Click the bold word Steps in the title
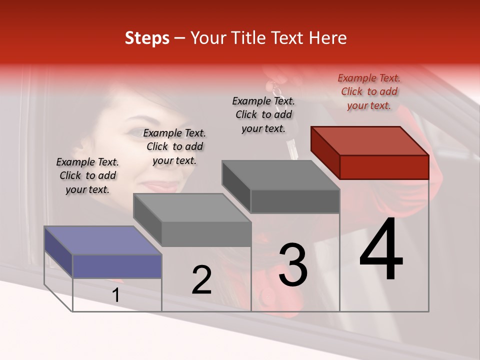pos(147,38)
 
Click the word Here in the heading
pos(327,38)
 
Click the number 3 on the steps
pos(293,265)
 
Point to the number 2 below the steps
pos(201,280)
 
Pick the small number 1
pos(116,295)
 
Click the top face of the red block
pos(370,141)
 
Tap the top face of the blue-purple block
pos(103,240)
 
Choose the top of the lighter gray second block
pos(192,207)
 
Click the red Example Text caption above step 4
pos(369,91)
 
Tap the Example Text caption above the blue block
pos(87,175)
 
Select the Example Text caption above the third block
pos(263,114)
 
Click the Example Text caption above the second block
pos(174,146)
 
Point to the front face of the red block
pos(384,167)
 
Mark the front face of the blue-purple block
pos(117,266)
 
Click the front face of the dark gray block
pos(295,201)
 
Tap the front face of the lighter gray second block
pos(206,234)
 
